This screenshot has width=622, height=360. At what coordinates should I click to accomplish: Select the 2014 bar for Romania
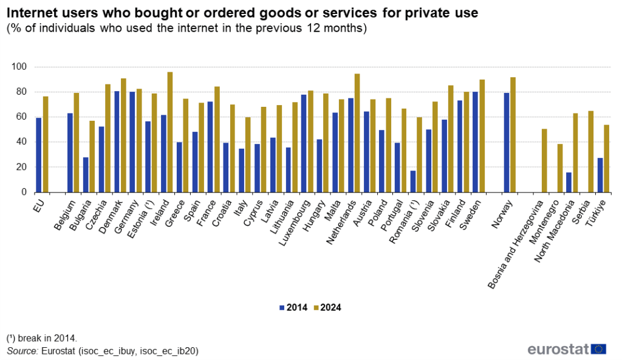[x=414, y=181]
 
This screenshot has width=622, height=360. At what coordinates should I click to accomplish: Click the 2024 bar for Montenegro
[x=559, y=168]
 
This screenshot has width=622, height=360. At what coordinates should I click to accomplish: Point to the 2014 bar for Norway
[x=507, y=143]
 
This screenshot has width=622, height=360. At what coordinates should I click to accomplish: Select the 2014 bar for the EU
[x=39, y=155]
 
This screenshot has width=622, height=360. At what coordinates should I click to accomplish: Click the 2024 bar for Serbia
[x=591, y=152]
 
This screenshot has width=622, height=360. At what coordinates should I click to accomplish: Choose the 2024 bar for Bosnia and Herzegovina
[x=544, y=160]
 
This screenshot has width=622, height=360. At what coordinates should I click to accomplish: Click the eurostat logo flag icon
[x=599, y=348]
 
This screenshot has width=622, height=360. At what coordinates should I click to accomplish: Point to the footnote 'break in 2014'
[x=42, y=338]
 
